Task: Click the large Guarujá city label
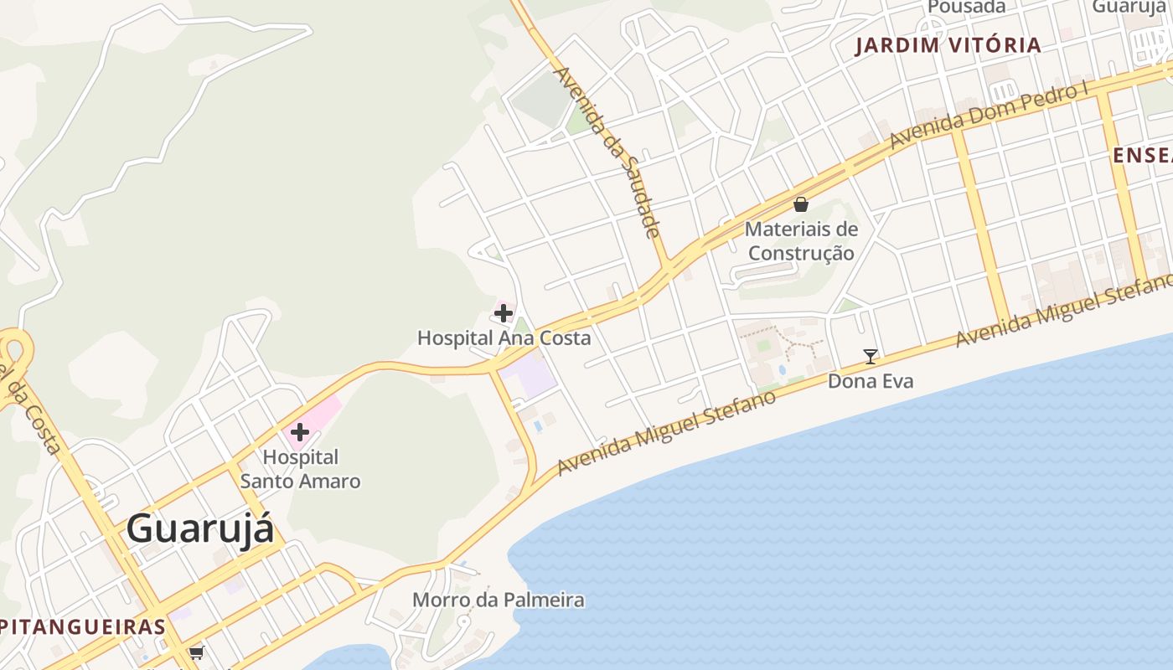[x=200, y=529]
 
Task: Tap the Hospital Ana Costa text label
[x=504, y=338]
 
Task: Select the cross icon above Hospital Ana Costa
[x=504, y=313]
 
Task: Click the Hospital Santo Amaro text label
[x=300, y=469]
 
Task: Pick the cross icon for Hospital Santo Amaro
[x=300, y=433]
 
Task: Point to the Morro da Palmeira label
[x=498, y=600]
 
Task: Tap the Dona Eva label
[x=870, y=381]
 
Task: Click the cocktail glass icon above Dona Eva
[x=871, y=357]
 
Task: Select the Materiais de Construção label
[x=801, y=241]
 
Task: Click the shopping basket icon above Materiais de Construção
[x=801, y=204]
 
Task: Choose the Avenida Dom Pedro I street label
[x=989, y=116]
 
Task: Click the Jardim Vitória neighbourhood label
[x=948, y=45]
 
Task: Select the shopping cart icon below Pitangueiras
[x=196, y=652]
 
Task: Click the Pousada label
[x=966, y=7]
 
